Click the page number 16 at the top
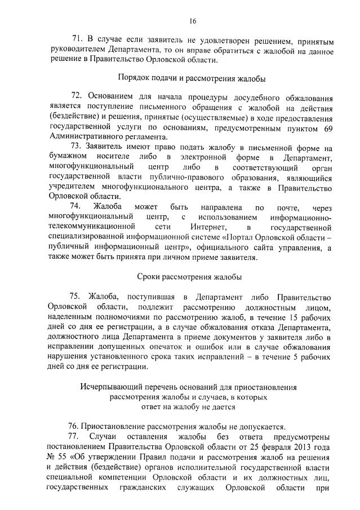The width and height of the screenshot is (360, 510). tap(193, 21)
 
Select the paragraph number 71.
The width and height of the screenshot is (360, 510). tap(78, 41)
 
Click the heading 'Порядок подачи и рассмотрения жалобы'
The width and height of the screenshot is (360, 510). tap(192, 78)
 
